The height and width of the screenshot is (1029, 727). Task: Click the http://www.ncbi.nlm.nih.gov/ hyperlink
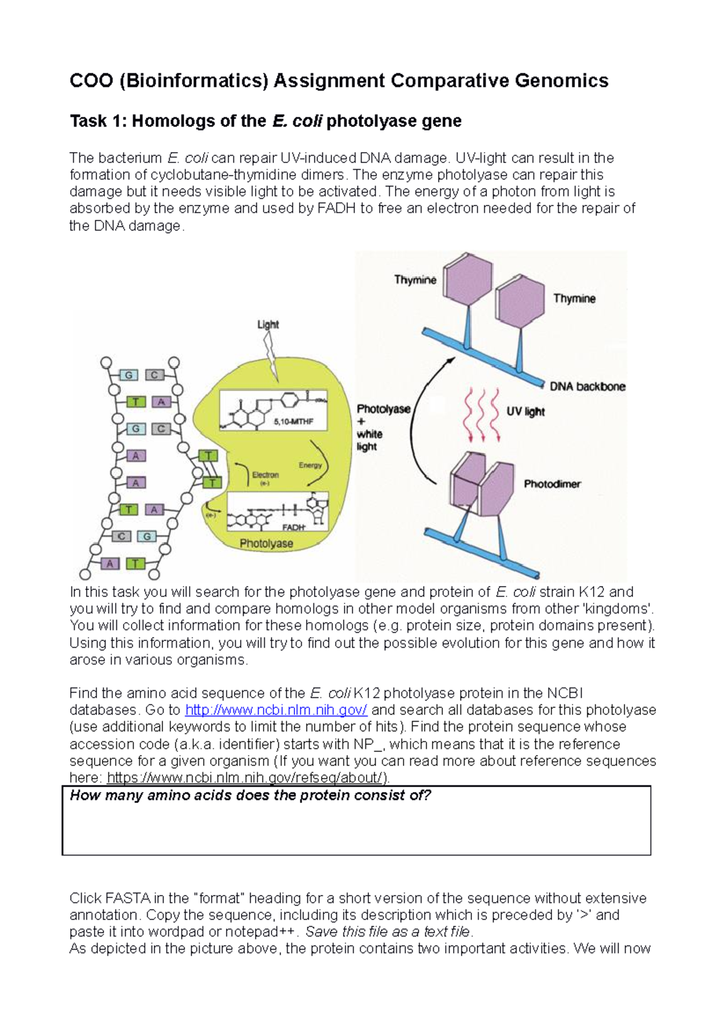click(x=276, y=710)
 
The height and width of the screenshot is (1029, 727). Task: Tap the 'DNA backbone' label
click(x=587, y=387)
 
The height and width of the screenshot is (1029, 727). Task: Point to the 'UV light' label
click(x=525, y=411)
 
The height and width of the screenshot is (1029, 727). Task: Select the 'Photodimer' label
click(x=552, y=484)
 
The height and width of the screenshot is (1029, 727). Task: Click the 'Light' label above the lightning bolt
click(x=268, y=324)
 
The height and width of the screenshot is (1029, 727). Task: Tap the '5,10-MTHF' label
click(x=293, y=421)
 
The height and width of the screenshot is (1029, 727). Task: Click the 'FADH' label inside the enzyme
click(x=294, y=527)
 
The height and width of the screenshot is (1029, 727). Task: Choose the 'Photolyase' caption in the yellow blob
click(x=266, y=544)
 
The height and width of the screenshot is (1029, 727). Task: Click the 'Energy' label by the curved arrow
click(x=310, y=465)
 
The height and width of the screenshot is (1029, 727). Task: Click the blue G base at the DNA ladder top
click(x=128, y=375)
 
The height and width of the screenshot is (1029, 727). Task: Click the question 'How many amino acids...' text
click(x=250, y=795)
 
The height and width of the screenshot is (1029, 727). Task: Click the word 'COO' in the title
click(x=91, y=81)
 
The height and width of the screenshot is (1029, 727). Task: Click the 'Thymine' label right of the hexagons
click(x=574, y=298)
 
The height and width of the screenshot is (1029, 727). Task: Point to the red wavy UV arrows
click(x=482, y=415)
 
